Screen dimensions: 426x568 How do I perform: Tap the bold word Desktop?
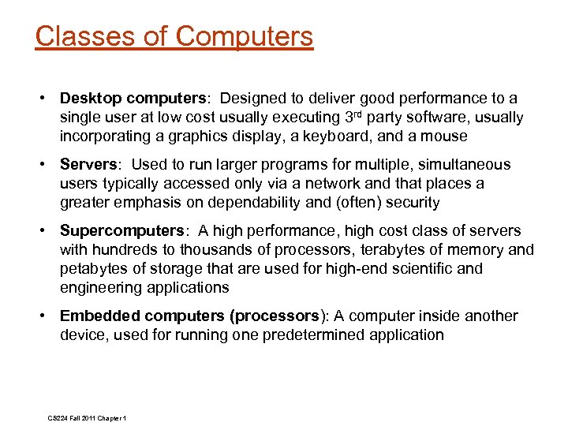point(91,99)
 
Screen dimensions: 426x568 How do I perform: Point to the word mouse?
point(446,136)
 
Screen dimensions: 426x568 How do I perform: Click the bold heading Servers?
point(88,165)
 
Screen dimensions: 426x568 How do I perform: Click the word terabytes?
point(400,250)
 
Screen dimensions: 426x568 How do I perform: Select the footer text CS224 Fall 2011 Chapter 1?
point(87,417)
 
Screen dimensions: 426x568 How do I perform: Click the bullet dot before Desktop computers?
point(48,99)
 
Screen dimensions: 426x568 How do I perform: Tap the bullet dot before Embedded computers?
point(48,316)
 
